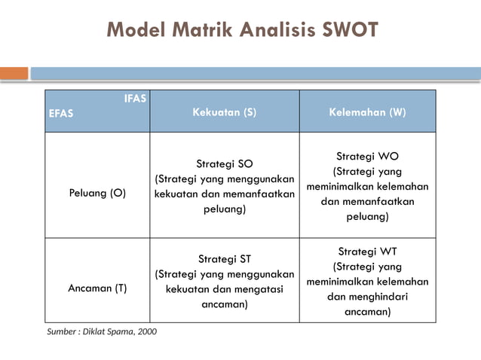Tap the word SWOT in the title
(339, 30)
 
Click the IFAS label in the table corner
(136, 98)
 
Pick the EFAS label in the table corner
(61, 114)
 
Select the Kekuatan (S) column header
(224, 112)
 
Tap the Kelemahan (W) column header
(367, 112)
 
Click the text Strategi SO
(224, 163)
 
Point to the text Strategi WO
(367, 157)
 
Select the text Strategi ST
(224, 259)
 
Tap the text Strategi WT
(367, 252)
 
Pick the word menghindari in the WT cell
(380, 297)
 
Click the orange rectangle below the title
(14, 73)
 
